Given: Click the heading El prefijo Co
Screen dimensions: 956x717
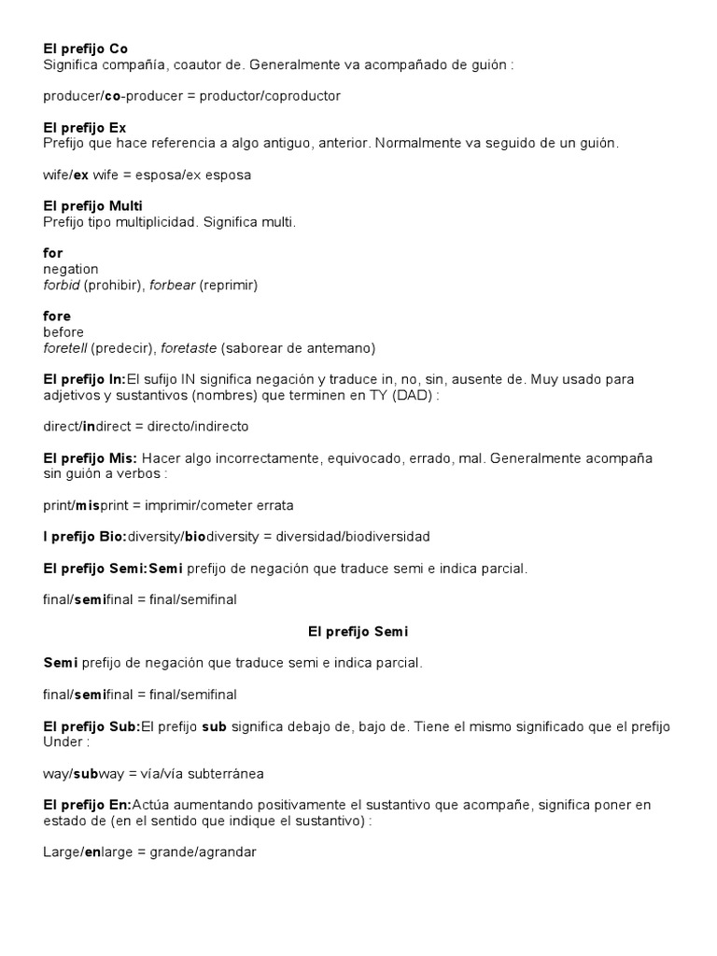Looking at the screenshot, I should coord(85,49).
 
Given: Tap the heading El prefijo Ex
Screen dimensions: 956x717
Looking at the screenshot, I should coord(84,127).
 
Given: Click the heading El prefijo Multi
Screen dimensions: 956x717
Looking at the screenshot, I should coord(92,205).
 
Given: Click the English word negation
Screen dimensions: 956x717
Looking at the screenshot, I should coord(71,269).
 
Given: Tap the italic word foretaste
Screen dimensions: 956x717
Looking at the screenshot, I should coord(189,348).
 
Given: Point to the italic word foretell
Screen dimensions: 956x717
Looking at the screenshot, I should coord(65,348).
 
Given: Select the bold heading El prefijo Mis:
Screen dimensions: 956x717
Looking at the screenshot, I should coord(91,458).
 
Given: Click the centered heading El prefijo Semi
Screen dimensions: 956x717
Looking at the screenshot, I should coord(358,632).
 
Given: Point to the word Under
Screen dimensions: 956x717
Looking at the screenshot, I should coord(63,742).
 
